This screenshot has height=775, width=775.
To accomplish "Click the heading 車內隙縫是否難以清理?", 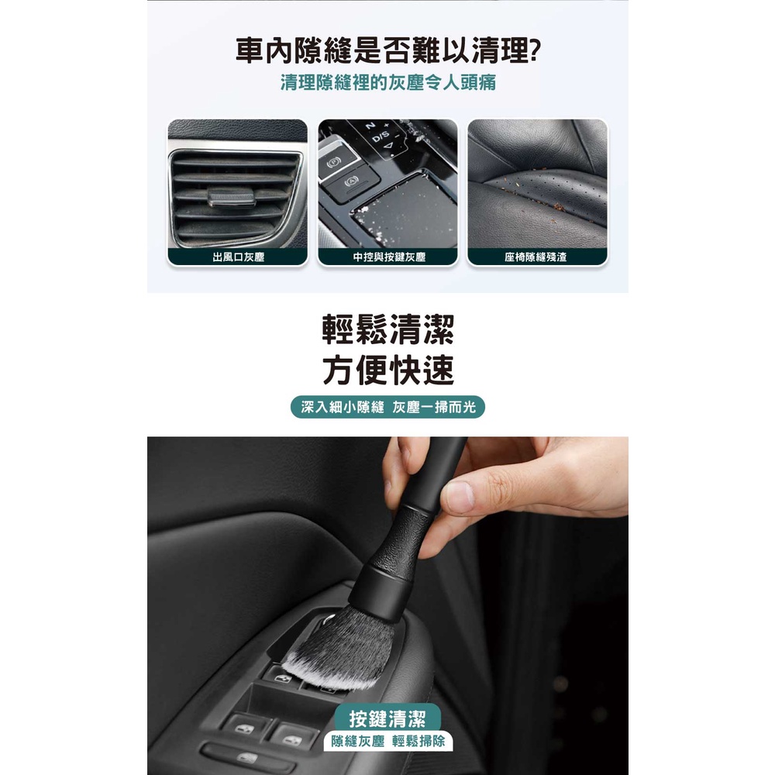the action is (x=388, y=50).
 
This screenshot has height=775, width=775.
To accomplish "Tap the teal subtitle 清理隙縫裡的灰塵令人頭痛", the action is (x=388, y=83).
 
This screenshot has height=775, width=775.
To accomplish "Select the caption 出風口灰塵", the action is (x=238, y=257).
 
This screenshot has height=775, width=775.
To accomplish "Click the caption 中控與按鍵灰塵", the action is (x=389, y=257).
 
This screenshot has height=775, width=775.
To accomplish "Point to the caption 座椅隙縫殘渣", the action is (x=536, y=257).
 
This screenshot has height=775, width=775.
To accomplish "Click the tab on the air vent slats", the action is (x=232, y=197).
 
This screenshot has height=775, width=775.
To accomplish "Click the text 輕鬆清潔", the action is (x=388, y=329).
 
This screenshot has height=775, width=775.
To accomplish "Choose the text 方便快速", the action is (x=388, y=370).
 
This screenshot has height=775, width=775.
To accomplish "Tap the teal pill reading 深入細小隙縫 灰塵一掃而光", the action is (x=388, y=407).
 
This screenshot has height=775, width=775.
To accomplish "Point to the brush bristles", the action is (x=341, y=645).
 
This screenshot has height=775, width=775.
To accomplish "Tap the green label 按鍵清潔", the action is (x=387, y=718).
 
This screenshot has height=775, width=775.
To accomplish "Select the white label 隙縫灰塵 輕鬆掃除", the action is (x=388, y=742).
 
